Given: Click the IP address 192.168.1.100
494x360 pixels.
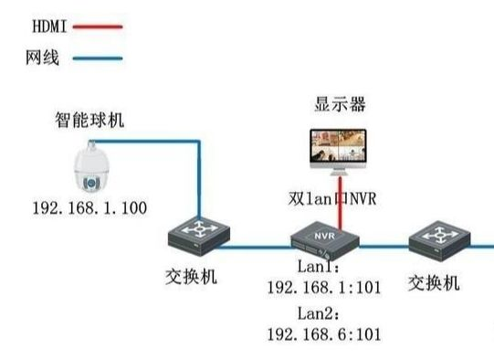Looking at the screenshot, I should point(89,208).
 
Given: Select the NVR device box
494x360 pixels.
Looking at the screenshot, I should point(324,240).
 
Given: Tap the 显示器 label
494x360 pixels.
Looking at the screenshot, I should point(340,105).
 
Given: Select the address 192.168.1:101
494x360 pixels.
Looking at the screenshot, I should point(323,289).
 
